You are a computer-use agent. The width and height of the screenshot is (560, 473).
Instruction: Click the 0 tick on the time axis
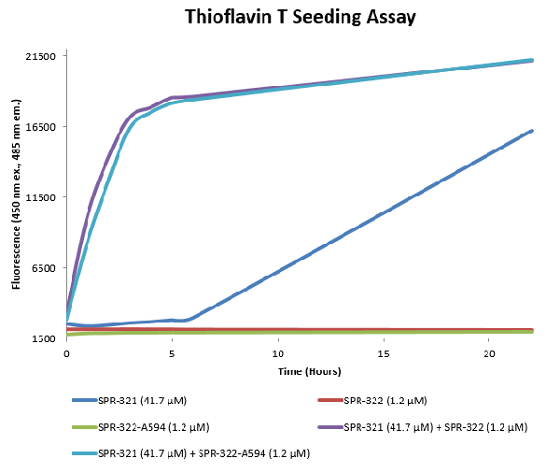pyautogui.click(x=67, y=354)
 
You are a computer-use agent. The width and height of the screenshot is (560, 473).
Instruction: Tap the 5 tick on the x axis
pyautogui.click(x=173, y=354)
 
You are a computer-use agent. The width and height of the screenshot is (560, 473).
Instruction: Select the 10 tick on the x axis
pyautogui.click(x=278, y=354)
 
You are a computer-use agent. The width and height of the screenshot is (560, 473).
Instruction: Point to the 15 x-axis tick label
pyautogui.click(x=384, y=354)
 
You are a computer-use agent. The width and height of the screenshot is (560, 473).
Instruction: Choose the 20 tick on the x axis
pyautogui.click(x=489, y=354)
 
